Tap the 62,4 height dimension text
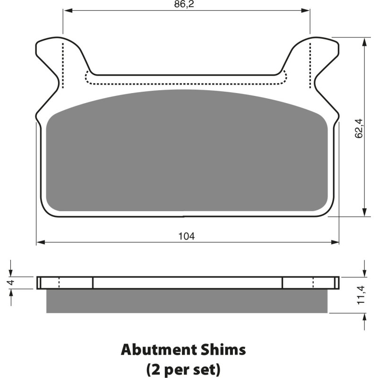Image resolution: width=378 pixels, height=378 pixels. pos(359,129)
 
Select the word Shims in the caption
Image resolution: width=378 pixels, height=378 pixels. pos(223,350)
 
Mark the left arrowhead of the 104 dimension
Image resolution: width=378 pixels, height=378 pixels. pos(40,242)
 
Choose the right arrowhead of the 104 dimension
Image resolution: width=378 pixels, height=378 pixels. pos(335,242)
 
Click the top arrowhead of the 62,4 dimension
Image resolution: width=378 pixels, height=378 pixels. pos(364,41)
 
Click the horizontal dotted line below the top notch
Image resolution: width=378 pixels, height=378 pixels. pos(187,84)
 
